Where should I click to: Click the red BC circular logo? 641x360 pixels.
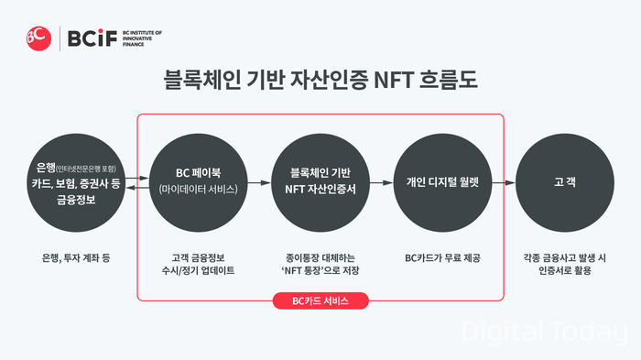click(x=38, y=38)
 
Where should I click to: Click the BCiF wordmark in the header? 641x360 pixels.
click(x=88, y=38)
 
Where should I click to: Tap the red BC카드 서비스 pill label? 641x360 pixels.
click(x=320, y=300)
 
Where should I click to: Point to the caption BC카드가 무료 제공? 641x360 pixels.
click(x=442, y=258)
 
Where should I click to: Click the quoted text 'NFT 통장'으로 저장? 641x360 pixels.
click(x=320, y=271)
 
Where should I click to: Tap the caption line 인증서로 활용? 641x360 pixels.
click(x=564, y=271)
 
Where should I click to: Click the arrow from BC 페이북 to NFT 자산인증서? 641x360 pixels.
click(x=259, y=180)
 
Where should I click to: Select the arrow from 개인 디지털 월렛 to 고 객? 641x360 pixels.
click(x=504, y=180)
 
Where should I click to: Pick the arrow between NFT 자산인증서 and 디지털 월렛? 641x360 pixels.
click(x=381, y=180)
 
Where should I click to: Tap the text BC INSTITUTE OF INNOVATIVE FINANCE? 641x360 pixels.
click(x=141, y=38)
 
